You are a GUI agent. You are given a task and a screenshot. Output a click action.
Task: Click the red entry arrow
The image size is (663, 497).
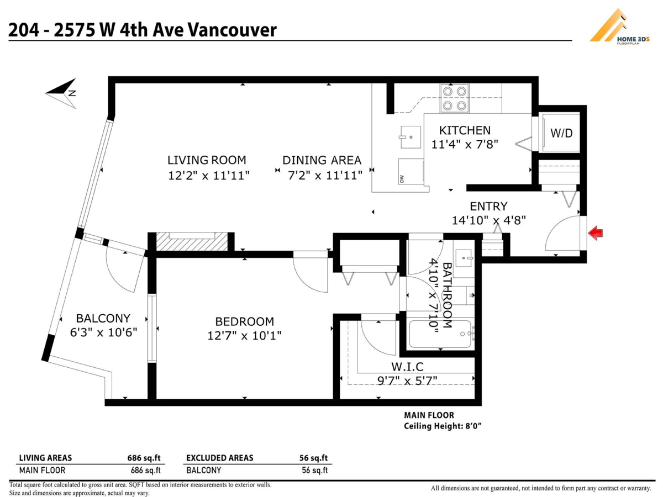coord(596,233)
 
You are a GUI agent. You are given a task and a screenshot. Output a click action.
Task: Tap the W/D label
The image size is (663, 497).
coord(561,133)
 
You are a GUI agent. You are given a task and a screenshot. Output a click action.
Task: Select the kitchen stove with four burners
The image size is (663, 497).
coord(454,98)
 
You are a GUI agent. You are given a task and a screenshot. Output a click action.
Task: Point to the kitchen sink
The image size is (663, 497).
coord(410,138)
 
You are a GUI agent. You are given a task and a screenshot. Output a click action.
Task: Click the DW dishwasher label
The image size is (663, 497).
coord(402,178)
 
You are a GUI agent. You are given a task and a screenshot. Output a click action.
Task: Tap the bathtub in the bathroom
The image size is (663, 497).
coord(440,334)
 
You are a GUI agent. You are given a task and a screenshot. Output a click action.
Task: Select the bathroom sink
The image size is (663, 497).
coord(464,258)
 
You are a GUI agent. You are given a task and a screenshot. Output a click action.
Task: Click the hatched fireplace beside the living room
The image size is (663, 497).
coord(192,241)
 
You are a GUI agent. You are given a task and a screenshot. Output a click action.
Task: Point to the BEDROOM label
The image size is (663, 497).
coord(245,322)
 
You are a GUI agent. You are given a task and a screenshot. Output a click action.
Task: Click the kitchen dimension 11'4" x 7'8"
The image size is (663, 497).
coord(465,145)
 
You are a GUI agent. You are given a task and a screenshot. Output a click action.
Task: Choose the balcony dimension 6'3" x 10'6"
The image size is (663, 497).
coord(104,332)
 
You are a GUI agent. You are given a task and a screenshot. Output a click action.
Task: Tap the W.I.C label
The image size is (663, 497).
coord(407,367)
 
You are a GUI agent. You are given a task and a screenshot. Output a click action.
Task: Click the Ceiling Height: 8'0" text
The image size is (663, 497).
coord(443,426)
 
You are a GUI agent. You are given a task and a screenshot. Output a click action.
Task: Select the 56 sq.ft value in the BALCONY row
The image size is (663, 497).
coord(314,470)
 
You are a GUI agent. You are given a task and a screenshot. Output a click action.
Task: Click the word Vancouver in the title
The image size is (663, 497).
coord(232,30)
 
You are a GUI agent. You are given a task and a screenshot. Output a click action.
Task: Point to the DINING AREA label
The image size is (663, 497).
coord(322,160)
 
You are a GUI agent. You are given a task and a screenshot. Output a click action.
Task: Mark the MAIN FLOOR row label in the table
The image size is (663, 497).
coord(42,470)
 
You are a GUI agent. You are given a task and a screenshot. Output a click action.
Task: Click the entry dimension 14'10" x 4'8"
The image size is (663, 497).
coord(489,220)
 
